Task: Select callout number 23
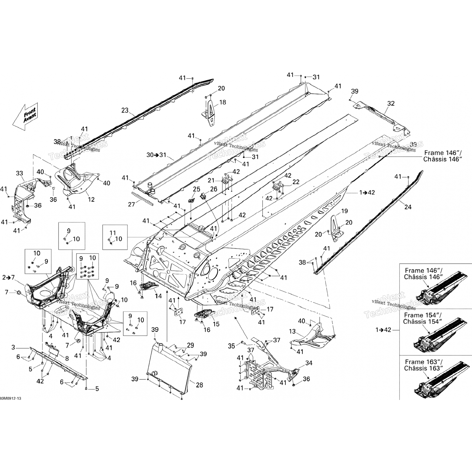tap(125, 110)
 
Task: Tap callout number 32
tap(391, 104)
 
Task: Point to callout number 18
tap(222, 102)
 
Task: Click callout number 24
tap(408, 207)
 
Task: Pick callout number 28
tap(199, 385)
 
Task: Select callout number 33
tap(20, 173)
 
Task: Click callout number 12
tap(91, 199)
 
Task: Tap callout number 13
tap(292, 331)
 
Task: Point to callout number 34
tap(309, 363)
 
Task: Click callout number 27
tap(131, 205)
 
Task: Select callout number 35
tap(231, 346)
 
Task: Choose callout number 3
tap(13, 347)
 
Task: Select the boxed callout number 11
tap(113, 233)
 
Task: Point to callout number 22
tap(296, 182)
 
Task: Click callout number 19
tap(344, 211)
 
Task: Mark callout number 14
tap(158, 296)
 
